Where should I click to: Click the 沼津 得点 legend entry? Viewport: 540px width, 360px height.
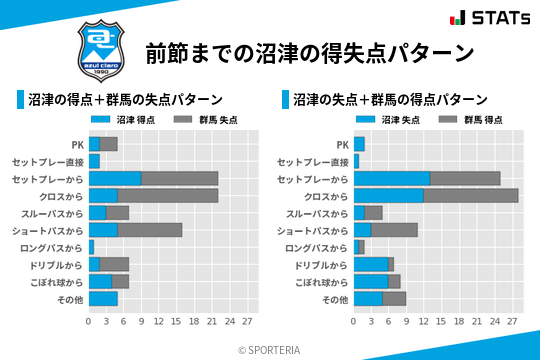117,119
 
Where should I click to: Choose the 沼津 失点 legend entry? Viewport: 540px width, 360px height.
383,119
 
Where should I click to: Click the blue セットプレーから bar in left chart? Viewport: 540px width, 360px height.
115,178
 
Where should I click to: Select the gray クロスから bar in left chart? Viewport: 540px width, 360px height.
167,195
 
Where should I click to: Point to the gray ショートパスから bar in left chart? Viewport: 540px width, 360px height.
150,229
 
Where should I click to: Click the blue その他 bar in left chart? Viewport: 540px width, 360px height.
103,298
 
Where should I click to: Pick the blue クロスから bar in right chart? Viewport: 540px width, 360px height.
389,195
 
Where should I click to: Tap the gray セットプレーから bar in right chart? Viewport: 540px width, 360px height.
465,178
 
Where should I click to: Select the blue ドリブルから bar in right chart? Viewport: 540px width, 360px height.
371,264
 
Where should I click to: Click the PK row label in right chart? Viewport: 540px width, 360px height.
343,144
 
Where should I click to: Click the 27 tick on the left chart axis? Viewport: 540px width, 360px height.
247,322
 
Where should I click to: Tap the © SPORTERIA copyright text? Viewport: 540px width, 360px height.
269,349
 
